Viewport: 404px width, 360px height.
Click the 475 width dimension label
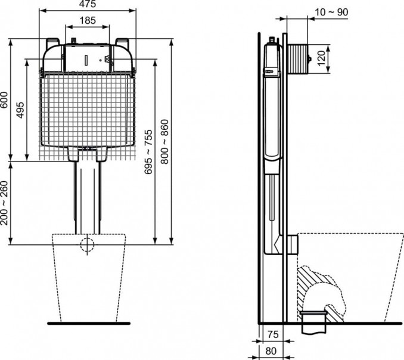89,5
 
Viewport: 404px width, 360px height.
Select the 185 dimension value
88,20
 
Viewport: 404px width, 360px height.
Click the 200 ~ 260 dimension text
5,203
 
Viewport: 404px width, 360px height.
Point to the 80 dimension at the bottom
271,350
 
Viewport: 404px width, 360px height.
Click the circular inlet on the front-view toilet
88,244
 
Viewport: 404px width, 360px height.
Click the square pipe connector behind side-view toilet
292,243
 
